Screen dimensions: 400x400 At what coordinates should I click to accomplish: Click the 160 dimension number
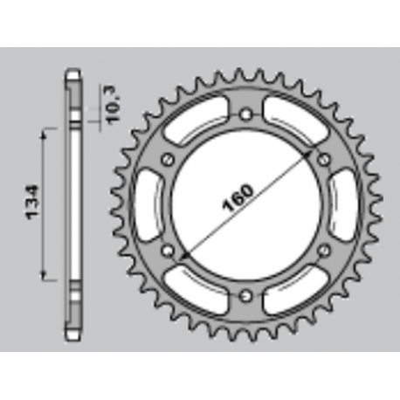pos(238,198)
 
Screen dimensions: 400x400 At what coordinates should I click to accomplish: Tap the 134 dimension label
pos(32,202)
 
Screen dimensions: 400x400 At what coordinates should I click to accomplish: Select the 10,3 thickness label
pos(114,104)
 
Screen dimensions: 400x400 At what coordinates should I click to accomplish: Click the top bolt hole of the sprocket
pos(246,114)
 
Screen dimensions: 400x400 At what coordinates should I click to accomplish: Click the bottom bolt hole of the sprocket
pos(246,296)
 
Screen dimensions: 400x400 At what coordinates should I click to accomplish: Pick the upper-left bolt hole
pos(168,159)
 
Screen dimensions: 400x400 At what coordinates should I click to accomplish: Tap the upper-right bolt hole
pos(324,159)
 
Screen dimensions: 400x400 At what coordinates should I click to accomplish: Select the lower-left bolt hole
pos(168,251)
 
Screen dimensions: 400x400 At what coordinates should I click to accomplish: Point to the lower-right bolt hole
pos(324,251)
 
